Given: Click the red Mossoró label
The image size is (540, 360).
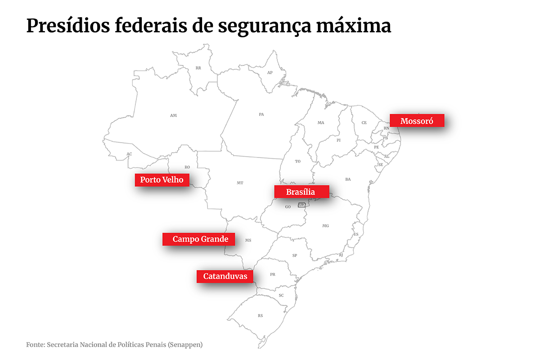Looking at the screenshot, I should coord(417,121).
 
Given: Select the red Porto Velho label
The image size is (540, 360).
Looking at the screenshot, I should coord(162,180).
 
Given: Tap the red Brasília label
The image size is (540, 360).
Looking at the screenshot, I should coord(301,192).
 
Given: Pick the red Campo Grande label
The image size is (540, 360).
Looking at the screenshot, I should coord(198,239).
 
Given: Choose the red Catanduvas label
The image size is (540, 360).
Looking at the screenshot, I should coord(225,276).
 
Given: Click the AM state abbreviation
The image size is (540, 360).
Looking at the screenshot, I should coord(173,116).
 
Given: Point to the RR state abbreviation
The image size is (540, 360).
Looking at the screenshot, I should coord(198,68).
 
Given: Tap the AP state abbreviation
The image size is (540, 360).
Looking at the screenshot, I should coord(270,72).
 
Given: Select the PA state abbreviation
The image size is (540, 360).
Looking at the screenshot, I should coord(261,115).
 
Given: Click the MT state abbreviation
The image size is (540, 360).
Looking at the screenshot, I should coord(240,183).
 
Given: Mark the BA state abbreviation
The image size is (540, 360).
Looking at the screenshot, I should coord(348,180).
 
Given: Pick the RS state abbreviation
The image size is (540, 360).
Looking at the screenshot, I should coord(260,316).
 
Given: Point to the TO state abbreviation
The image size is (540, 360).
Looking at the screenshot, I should coord(297,162).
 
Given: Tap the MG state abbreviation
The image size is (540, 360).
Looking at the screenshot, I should coord(326,226).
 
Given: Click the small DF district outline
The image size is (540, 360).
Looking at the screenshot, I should coord(301,205).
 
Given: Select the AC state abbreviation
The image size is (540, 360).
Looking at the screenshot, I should coord(129,154).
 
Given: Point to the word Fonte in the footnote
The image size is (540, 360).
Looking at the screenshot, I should coord(35,345).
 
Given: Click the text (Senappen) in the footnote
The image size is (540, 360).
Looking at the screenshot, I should coord(185,345).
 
